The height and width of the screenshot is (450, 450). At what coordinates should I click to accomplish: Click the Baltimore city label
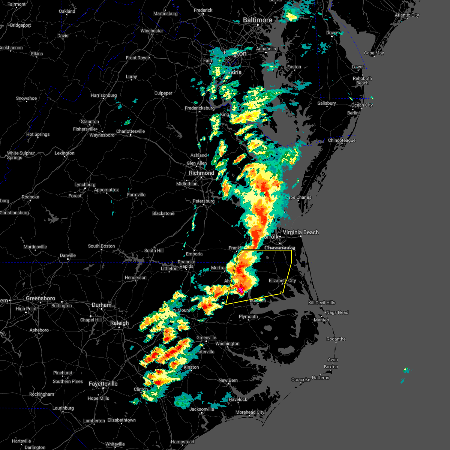coord(257,20)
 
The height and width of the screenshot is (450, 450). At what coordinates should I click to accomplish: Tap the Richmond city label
coord(201,173)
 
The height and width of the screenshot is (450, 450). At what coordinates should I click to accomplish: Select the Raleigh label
coord(120,323)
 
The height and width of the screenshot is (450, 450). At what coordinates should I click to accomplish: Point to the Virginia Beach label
coord(301,232)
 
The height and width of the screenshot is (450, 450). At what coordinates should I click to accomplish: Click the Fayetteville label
coord(103,384)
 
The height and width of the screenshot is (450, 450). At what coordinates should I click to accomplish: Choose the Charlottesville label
coord(130,131)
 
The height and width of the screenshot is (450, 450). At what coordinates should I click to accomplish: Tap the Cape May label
coord(374,53)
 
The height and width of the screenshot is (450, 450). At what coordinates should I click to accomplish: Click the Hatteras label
coord(320,378)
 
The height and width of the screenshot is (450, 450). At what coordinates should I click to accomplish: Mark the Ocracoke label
coord(301,379)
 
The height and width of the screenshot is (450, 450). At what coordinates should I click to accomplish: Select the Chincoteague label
coord(342,140)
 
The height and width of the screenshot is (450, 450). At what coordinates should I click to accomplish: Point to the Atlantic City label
coord(407,15)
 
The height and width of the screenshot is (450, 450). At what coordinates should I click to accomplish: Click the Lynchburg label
coord(85,184)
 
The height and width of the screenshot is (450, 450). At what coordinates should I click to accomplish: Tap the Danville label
coord(68,255)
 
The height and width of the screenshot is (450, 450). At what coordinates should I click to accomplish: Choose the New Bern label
coord(228,380)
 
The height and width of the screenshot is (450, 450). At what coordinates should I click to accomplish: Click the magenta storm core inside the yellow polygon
coord(240,290)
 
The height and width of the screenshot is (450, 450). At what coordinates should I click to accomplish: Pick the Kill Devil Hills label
coord(322,303)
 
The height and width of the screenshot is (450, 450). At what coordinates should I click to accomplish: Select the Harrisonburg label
coord(104,95)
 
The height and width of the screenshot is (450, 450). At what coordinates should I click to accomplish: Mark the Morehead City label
coord(250,412)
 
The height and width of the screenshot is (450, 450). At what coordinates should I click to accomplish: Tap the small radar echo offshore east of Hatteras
coord(406,370)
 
